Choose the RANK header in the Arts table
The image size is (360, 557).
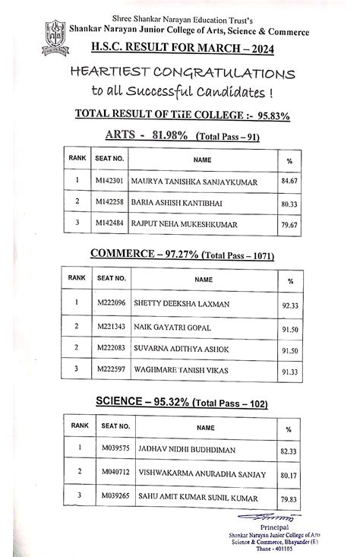pyautogui.click(x=77, y=160)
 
